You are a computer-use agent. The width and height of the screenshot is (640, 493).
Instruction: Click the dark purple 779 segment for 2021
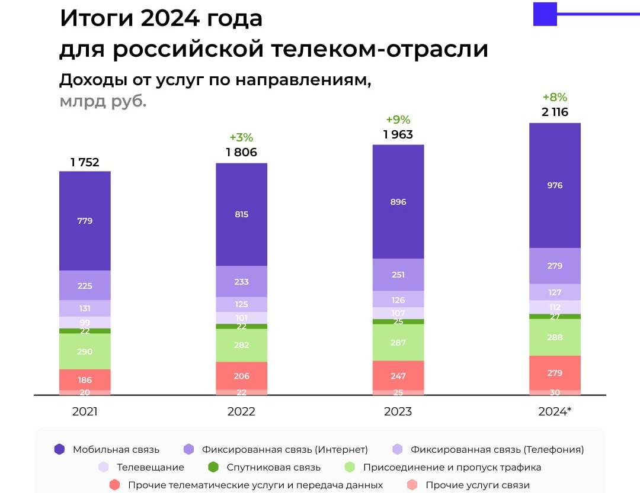point(85,221)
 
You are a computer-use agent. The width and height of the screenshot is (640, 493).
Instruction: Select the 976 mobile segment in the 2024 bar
point(555,185)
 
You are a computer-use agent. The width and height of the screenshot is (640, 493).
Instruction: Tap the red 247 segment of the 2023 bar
point(398,376)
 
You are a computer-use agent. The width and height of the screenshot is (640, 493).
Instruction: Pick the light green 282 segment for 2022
point(241,345)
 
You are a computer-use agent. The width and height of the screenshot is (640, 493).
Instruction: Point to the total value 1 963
point(398,134)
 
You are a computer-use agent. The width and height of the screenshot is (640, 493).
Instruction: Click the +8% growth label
point(555,98)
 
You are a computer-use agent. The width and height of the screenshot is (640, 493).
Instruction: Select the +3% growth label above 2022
point(241,138)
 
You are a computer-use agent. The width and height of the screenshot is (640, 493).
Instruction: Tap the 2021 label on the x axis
point(85,411)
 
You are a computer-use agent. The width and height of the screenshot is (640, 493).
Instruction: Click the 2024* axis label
point(555,411)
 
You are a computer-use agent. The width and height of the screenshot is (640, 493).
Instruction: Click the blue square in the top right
point(545,14)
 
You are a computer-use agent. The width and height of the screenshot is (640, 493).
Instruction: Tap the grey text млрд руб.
point(103,101)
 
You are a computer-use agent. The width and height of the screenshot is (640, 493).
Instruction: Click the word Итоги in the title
point(95,19)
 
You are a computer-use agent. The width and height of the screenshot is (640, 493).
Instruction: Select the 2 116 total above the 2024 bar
point(555,112)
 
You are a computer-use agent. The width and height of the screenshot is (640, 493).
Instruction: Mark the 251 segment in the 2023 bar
point(398,275)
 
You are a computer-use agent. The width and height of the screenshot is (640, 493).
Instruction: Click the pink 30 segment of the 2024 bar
point(555,392)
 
